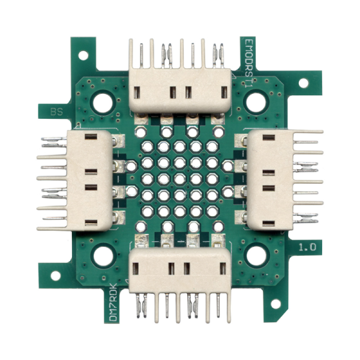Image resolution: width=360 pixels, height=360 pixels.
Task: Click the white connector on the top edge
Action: [180, 91]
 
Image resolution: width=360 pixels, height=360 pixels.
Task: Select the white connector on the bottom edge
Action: [180, 270]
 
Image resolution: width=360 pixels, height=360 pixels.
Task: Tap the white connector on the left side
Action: [90, 181]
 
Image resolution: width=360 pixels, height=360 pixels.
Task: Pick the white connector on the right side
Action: [269, 181]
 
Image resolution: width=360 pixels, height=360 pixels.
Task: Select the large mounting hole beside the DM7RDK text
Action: [103, 256]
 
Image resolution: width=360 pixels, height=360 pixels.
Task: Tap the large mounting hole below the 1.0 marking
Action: [256, 256]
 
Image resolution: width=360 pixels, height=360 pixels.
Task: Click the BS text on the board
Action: [58, 112]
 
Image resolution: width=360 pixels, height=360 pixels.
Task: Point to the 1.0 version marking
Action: [310, 247]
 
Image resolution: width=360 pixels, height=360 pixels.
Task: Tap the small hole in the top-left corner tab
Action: [83, 55]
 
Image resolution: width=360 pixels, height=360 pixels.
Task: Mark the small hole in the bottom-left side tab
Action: [55, 275]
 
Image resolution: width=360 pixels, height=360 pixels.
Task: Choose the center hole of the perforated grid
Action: [179, 179]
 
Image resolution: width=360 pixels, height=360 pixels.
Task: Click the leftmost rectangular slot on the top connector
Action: [137, 92]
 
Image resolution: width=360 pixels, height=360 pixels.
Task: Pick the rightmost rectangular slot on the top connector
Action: [224, 92]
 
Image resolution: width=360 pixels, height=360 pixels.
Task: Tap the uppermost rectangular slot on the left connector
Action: [91, 137]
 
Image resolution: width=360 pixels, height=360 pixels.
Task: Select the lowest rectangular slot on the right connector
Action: [268, 223]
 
